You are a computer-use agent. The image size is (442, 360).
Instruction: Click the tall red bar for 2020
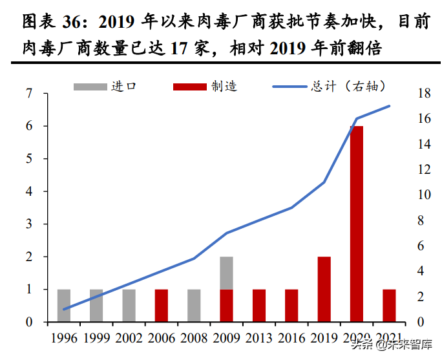[357, 224]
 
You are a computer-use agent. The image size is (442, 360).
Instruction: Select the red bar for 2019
[324, 289]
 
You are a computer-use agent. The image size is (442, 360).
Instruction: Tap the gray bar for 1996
[64, 305]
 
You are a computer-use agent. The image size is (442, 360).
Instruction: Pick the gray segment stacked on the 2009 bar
[226, 273]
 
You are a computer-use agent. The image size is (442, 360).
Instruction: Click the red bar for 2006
[162, 305]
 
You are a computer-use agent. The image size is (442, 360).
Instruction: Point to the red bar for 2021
[389, 305]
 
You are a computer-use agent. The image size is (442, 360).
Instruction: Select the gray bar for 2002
[129, 305]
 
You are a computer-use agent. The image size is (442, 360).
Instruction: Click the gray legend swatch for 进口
[90, 86]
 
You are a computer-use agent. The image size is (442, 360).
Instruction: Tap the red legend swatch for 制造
[190, 86]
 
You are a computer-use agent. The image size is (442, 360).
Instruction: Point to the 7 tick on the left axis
[28, 94]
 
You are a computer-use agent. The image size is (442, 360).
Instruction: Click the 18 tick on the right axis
[422, 94]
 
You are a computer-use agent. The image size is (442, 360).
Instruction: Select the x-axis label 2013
[258, 337]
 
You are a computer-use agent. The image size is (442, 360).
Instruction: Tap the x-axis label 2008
[194, 337]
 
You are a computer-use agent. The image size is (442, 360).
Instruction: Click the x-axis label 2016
[291, 337]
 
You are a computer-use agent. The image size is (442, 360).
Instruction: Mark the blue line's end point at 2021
[389, 106]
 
